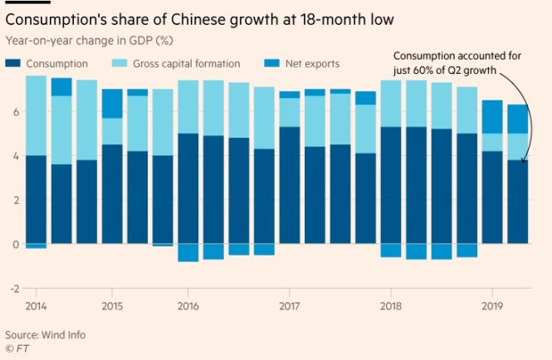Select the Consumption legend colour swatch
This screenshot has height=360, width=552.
(x=14, y=64)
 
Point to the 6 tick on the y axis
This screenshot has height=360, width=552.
(x=15, y=111)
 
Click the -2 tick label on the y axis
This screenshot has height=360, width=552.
(x=13, y=289)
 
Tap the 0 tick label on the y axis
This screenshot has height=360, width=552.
(x=15, y=244)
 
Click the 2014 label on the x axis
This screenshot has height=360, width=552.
(x=37, y=306)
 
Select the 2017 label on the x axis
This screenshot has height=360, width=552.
(x=290, y=306)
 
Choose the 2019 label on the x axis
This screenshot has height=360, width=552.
(x=492, y=306)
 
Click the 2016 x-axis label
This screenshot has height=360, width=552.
(x=188, y=306)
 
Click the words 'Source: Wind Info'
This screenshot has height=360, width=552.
(x=46, y=334)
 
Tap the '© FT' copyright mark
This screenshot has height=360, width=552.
(x=17, y=348)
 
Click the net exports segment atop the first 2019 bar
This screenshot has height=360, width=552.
(x=492, y=116)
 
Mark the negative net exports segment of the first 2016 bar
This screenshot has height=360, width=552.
(x=188, y=252)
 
